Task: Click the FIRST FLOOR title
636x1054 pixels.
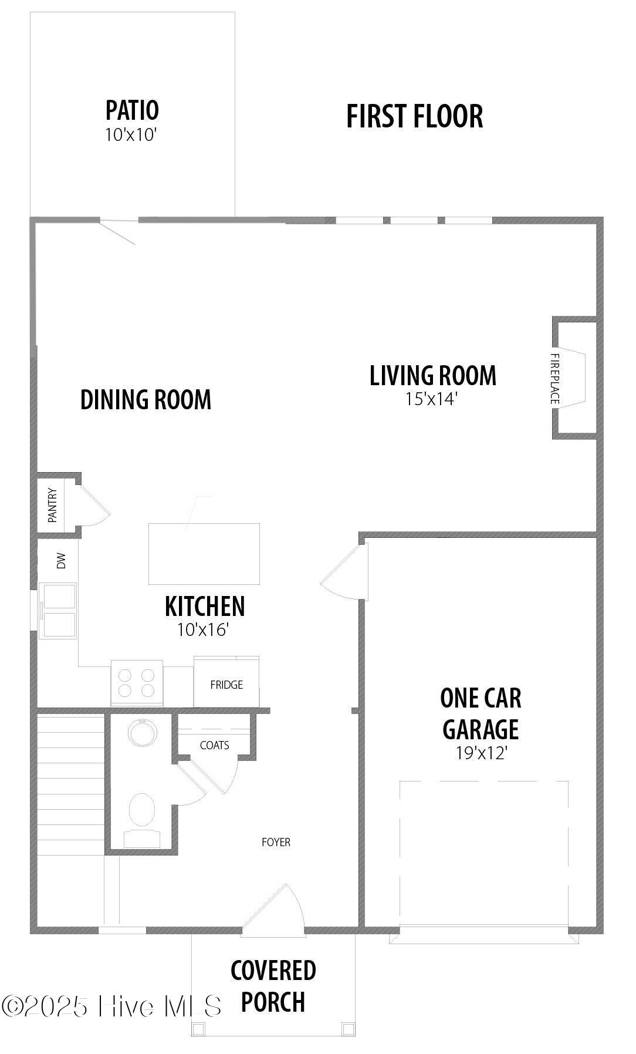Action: pos(414,116)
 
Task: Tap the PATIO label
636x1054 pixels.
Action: pos(132,110)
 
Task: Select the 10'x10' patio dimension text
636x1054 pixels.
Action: pos(131,135)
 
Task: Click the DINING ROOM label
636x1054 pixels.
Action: pos(146,399)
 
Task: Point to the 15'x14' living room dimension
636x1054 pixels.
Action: pos(431,399)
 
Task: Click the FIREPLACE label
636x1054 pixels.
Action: pos(555,379)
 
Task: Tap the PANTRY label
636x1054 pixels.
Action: pos(52,505)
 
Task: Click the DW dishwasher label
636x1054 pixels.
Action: pos(61,561)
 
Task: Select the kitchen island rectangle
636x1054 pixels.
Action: pos(204,554)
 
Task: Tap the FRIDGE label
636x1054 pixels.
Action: pos(226,685)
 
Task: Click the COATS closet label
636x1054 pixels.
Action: pos(214,745)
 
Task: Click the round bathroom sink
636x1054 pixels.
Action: pos(143,733)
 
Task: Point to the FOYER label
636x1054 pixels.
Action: pos(276,842)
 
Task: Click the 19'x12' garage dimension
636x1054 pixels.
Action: pos(481,753)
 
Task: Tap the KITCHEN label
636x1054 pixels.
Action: pos(205,606)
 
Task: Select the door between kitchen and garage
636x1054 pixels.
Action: pos(344,571)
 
